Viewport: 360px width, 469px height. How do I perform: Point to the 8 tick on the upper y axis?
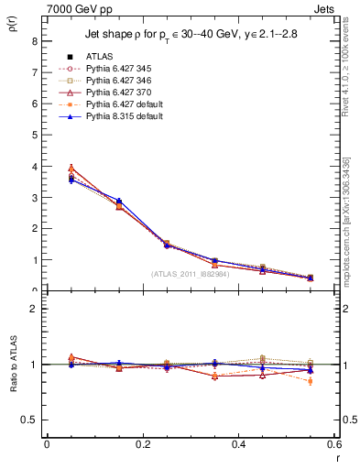point(33,41)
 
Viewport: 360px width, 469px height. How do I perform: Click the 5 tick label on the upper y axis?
point(33,135)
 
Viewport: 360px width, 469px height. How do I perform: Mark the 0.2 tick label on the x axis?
point(143,444)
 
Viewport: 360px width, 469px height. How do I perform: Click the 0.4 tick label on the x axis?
point(239,444)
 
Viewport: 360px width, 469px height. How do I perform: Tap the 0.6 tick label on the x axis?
point(334,444)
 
